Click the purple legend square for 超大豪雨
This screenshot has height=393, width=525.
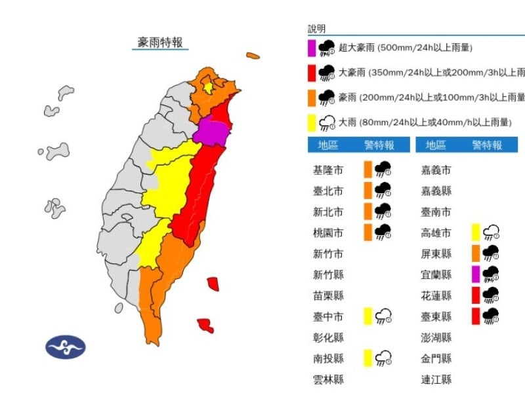(x=312, y=48)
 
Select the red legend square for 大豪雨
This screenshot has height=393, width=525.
(x=312, y=73)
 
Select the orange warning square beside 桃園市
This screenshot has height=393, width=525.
(x=368, y=232)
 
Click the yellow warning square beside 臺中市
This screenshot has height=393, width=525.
(x=368, y=316)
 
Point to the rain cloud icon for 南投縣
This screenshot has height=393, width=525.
(x=383, y=358)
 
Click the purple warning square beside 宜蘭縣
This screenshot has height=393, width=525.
(x=475, y=274)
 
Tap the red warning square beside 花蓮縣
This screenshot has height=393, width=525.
(x=475, y=295)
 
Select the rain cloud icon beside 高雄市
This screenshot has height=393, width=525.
(x=490, y=232)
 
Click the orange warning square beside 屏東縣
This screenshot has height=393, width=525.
(x=475, y=253)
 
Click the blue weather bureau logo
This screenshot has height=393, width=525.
(x=66, y=346)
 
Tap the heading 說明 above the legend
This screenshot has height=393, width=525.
(x=316, y=29)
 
